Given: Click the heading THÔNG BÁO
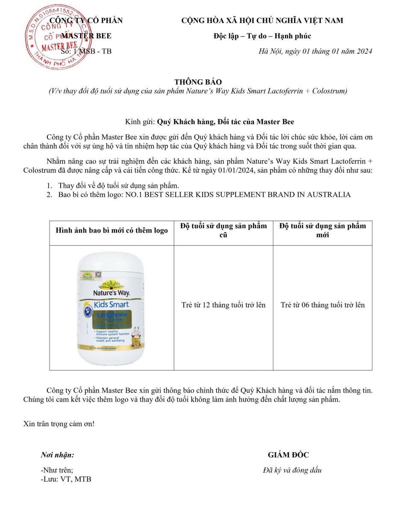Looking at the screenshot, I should [x=198, y=82].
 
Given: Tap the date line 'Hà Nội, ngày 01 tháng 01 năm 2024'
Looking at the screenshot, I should [x=315, y=52].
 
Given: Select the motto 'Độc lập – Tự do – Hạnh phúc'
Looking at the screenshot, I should [x=262, y=36].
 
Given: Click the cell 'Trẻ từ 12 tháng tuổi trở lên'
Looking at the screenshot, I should [x=223, y=305].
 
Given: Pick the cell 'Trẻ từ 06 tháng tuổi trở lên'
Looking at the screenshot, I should [x=323, y=305].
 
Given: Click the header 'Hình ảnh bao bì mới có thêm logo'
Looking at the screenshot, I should [x=111, y=231].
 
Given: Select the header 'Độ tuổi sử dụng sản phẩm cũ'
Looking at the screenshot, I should [x=223, y=230].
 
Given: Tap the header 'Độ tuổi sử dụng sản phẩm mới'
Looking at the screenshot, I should [x=323, y=230].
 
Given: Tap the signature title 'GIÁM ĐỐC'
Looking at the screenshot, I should [x=288, y=455].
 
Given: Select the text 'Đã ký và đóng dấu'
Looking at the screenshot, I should [x=292, y=471].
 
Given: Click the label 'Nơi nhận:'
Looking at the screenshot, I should [x=57, y=455].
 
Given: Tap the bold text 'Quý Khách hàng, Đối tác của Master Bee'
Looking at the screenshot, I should [x=226, y=122].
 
